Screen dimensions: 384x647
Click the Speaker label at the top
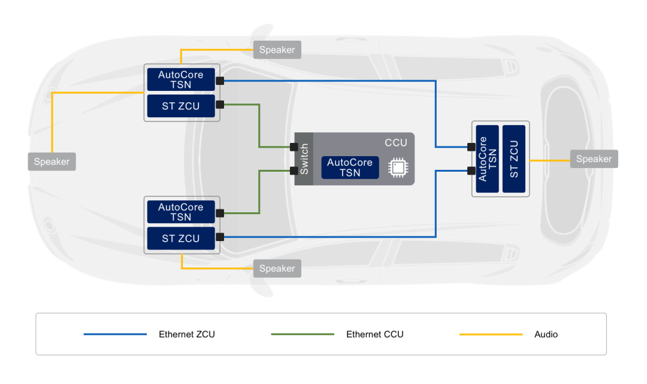pyautogui.click(x=277, y=50)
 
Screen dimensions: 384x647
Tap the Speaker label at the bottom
pyautogui.click(x=277, y=269)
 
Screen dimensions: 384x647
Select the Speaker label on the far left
pyautogui.click(x=52, y=161)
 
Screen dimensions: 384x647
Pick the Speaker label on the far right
pyautogui.click(x=594, y=159)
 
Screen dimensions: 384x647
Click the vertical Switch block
pyautogui.click(x=304, y=159)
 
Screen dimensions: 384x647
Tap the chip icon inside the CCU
pyautogui.click(x=397, y=167)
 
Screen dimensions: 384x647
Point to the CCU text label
pyautogui.click(x=395, y=142)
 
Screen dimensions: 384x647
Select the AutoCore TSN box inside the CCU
pyautogui.click(x=350, y=167)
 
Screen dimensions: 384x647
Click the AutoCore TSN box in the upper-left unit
pyautogui.click(x=180, y=80)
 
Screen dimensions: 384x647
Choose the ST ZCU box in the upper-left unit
pyautogui.click(x=180, y=106)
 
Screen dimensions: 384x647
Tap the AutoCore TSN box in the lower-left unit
pyautogui.click(x=180, y=212)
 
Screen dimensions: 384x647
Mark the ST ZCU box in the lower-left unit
pyautogui.click(x=180, y=239)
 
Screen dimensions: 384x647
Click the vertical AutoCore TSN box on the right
pyautogui.click(x=487, y=159)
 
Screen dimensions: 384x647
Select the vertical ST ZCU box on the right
pyautogui.click(x=514, y=159)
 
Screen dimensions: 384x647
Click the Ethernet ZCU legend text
pyautogui.click(x=186, y=334)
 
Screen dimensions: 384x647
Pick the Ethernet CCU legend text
pyautogui.click(x=374, y=334)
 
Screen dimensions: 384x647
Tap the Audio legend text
pyautogui.click(x=546, y=334)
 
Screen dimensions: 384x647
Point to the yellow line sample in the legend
pyautogui.click(x=491, y=334)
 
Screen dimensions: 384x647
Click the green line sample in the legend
pyautogui.click(x=303, y=334)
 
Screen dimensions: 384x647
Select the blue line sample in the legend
pyautogui.click(x=115, y=334)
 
